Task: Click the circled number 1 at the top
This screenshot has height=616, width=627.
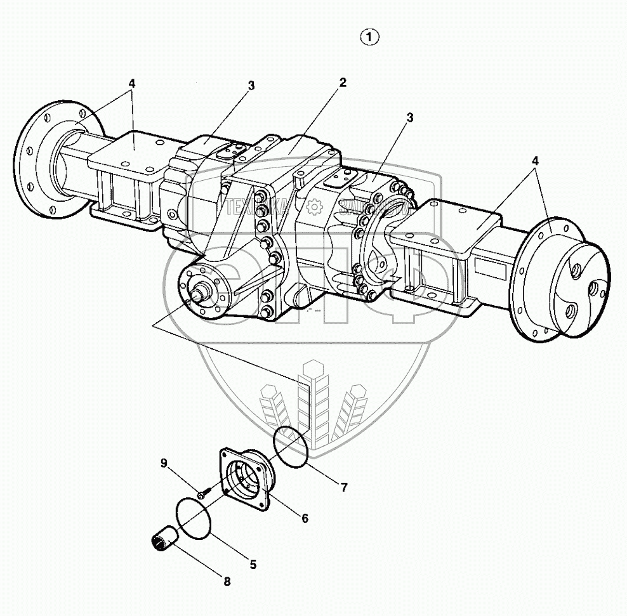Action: pos(369,38)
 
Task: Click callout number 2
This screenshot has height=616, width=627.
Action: pos(342,82)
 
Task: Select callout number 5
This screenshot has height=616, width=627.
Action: pos(253,564)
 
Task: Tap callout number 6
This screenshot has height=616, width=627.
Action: pos(305,518)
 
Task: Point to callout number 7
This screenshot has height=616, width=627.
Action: pos(343,487)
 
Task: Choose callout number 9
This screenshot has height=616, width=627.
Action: pos(164,464)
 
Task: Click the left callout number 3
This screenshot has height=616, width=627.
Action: pos(251,86)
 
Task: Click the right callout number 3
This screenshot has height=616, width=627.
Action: pos(410,117)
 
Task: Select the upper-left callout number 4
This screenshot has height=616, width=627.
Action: pos(131,83)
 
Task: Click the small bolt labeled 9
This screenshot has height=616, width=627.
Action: pos(201,491)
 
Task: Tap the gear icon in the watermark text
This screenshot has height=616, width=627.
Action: pos(313,206)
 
